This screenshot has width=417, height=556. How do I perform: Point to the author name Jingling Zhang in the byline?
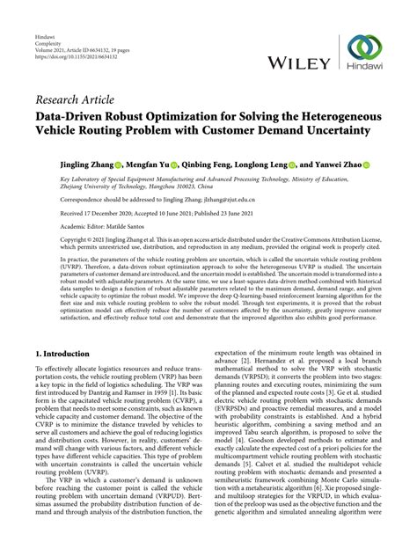pyautogui.click(x=63, y=164)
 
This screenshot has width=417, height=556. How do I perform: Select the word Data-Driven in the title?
pyautogui.click(x=67, y=116)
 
